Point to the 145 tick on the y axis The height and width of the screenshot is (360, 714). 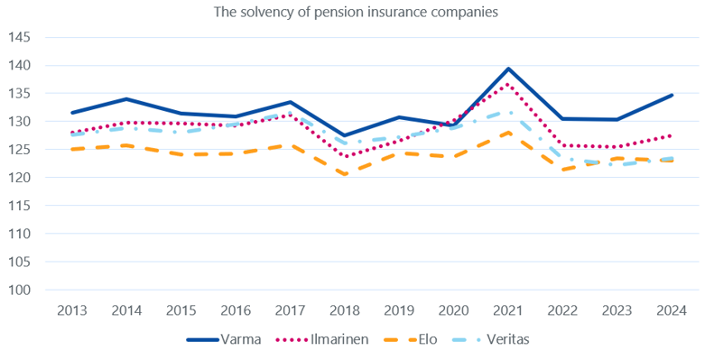pos(19,37)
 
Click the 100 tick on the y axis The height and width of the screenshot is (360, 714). pos(19,290)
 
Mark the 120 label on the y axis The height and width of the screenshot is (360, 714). pos(19,178)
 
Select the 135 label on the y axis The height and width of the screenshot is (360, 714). pos(19,93)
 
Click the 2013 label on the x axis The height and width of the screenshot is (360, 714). pos(72,309)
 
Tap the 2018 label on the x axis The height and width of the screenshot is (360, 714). pos(345,309)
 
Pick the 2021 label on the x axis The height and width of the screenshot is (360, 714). pos(508,309)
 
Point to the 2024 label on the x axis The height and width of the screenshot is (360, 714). pos(672,309)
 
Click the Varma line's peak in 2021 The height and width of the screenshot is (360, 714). pos(508,69)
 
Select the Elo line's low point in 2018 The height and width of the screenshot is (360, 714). pos(345,174)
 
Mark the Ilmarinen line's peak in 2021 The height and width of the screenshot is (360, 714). pos(508,85)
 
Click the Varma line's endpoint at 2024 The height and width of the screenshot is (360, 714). pos(672,95)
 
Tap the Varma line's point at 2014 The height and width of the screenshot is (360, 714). pos(126,99)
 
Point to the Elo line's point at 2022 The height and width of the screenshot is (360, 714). pos(563,170)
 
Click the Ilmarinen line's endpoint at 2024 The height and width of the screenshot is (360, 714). pos(672,135)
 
